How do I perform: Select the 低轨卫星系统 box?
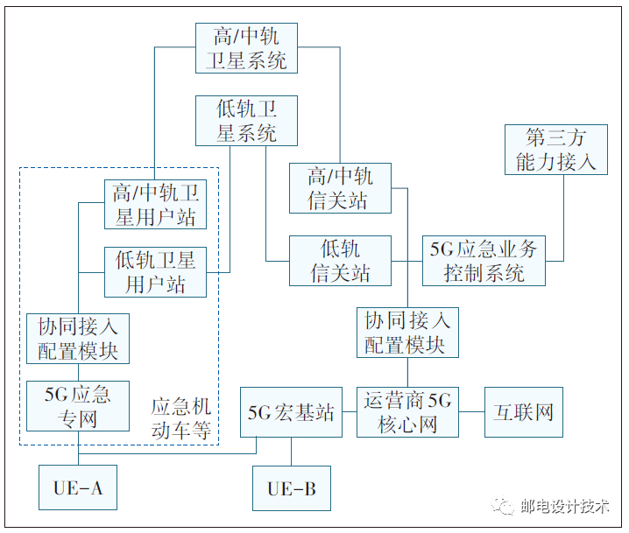click(x=246, y=120)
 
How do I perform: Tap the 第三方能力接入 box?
click(x=555, y=149)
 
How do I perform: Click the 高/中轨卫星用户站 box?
click(x=155, y=205)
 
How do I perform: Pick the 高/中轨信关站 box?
click(x=340, y=188)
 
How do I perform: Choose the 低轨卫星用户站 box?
click(x=155, y=271)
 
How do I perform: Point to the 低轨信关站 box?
click(x=340, y=260)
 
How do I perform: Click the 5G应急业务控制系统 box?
click(x=483, y=260)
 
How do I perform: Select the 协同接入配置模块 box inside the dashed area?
click(x=77, y=339)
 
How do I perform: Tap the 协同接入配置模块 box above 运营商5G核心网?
click(x=407, y=332)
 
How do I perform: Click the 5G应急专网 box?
click(x=77, y=406)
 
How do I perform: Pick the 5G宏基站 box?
click(x=291, y=412)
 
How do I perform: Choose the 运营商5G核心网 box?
click(x=407, y=412)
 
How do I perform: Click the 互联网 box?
click(x=523, y=412)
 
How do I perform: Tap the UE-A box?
click(x=77, y=487)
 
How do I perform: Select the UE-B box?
click(x=292, y=488)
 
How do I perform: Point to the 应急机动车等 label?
click(x=180, y=417)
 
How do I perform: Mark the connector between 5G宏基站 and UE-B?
click(x=292, y=451)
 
